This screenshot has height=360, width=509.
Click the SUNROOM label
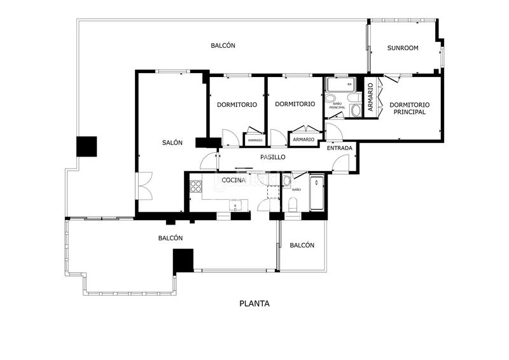(403, 48)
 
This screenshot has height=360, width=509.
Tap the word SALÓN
(172, 142)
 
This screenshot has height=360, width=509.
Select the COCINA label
(234, 180)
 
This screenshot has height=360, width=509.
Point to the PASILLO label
(273, 157)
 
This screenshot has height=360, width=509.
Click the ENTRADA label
(339, 148)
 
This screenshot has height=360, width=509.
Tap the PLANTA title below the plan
(254, 303)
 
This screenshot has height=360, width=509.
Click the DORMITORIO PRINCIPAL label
(409, 108)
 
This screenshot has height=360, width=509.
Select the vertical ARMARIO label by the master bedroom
(371, 97)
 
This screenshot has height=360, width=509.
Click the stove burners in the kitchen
(196, 186)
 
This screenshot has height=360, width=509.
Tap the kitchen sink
(235, 205)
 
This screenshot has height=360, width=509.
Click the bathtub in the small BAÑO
(316, 193)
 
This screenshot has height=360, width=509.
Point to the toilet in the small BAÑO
(293, 205)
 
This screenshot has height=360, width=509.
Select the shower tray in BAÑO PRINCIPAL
(340, 85)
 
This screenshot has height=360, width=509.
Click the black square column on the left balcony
(87, 146)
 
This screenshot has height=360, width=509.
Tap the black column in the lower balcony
(183, 260)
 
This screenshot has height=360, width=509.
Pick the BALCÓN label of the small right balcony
(302, 245)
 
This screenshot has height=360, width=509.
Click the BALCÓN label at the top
(223, 45)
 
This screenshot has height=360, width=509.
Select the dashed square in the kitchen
(273, 192)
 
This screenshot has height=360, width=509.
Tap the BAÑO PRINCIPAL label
(337, 105)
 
